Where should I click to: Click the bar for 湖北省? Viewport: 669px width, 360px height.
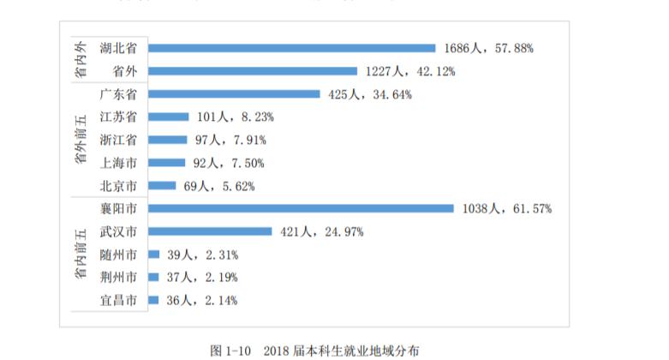click(291, 48)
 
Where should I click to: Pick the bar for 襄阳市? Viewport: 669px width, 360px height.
click(301, 208)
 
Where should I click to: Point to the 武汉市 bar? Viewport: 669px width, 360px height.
click(210, 231)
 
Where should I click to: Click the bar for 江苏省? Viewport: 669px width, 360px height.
click(168, 117)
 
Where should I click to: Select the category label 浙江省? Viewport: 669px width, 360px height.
click(117, 140)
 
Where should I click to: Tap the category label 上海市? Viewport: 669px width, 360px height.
click(117, 162)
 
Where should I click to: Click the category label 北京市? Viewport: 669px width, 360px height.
click(117, 185)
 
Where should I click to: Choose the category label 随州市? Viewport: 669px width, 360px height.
click(117, 255)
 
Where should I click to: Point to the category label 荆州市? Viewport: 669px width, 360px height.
click(117, 277)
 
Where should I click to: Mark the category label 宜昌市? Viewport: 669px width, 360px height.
click(117, 300)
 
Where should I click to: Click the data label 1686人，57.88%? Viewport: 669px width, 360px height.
click(489, 49)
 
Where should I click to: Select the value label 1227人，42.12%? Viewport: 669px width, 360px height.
click(410, 71)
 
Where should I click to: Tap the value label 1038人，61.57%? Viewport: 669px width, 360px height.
click(506, 208)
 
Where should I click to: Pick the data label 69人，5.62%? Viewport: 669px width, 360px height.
click(214, 185)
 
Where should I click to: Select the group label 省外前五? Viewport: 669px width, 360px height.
click(80, 140)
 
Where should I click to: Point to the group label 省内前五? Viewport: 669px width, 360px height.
click(80, 255)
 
